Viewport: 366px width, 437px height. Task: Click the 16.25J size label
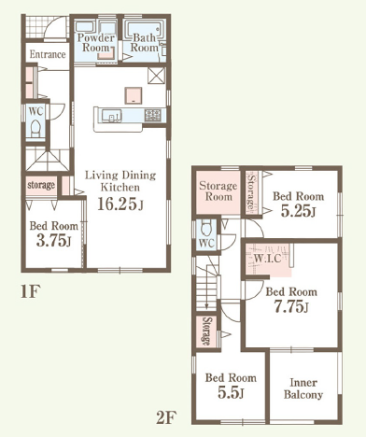[x=120, y=204]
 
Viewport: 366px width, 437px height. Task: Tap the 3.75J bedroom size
[x=54, y=240]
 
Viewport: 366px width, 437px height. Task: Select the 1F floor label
[x=31, y=291]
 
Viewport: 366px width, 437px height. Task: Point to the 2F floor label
[x=166, y=417]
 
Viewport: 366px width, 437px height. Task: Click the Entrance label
[x=48, y=54]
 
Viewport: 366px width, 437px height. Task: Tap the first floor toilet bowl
[x=35, y=128]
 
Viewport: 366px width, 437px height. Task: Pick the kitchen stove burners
[x=153, y=115]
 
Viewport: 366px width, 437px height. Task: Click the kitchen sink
[x=111, y=116]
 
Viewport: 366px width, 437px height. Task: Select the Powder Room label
[x=95, y=43]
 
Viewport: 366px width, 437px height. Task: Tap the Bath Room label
[x=145, y=43]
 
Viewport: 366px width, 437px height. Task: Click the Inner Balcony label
[x=303, y=388]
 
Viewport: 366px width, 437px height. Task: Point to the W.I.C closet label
[x=267, y=259]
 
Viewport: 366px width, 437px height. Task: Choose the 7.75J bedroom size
[x=291, y=307]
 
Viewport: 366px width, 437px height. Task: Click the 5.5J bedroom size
[x=231, y=393]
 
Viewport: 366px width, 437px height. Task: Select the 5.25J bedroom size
[x=298, y=211]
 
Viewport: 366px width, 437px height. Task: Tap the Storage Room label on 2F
[x=218, y=191]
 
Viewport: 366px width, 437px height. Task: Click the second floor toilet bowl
[x=206, y=228]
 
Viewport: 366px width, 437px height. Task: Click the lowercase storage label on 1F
[x=41, y=185]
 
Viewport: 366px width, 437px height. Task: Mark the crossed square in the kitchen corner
[x=156, y=76]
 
